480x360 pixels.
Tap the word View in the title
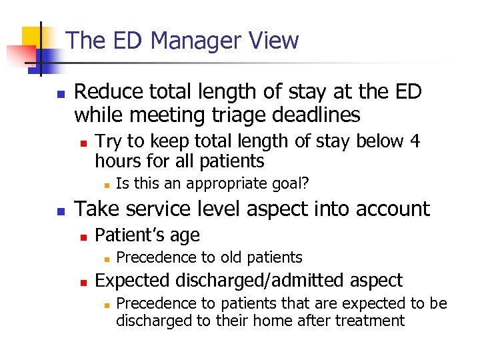point(277,41)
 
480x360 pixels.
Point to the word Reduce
point(107,91)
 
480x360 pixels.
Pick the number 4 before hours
point(415,141)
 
